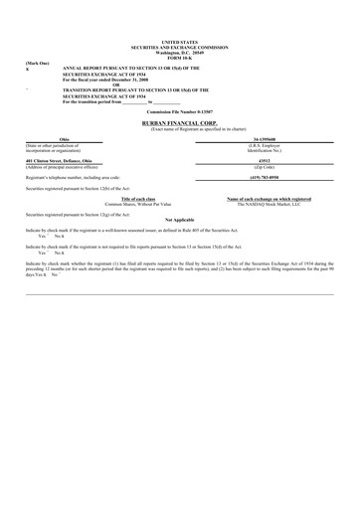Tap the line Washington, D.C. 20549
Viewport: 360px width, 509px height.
tap(179, 52)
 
